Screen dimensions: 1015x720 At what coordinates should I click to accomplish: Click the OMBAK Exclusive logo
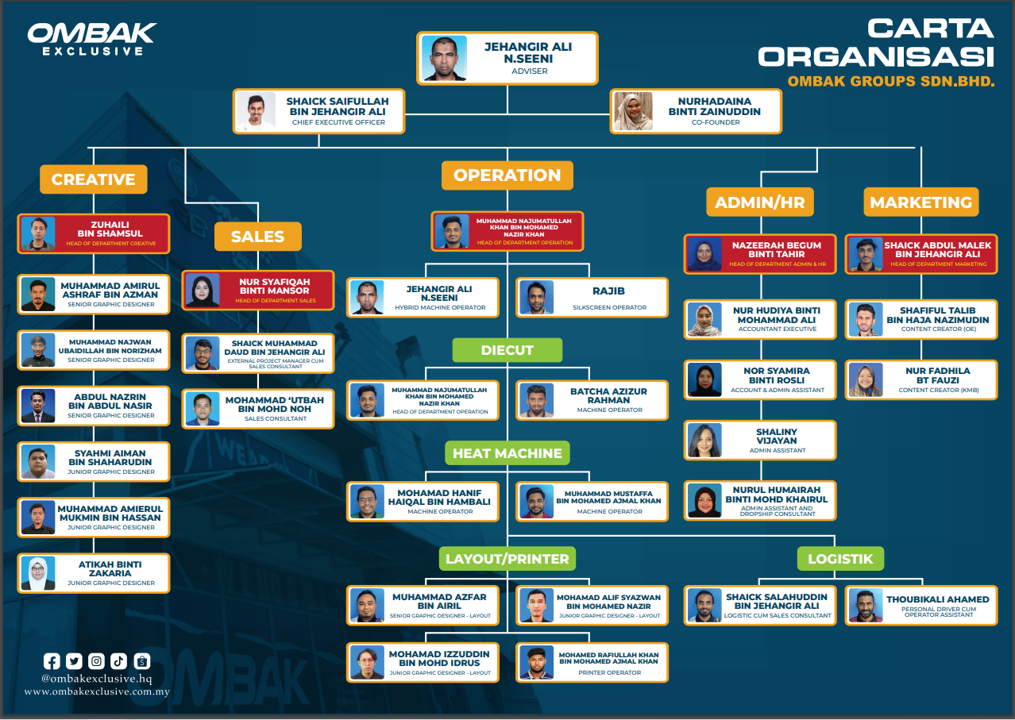pyautogui.click(x=92, y=39)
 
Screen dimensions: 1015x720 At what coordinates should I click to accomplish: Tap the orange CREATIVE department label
pyautogui.click(x=94, y=179)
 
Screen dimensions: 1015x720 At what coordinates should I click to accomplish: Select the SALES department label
pyautogui.click(x=258, y=237)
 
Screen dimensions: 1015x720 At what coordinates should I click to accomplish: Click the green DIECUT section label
pyautogui.click(x=507, y=350)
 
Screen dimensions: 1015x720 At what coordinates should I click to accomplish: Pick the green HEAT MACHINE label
pyautogui.click(x=507, y=452)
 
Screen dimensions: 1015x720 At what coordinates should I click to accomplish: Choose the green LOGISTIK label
pyautogui.click(x=840, y=559)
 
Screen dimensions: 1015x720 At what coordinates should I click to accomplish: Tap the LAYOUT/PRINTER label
pyautogui.click(x=507, y=559)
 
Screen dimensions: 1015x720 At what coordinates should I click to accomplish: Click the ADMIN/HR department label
pyautogui.click(x=760, y=202)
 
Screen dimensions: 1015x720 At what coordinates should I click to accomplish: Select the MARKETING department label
pyautogui.click(x=920, y=202)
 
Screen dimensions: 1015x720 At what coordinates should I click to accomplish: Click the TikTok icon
pyautogui.click(x=118, y=661)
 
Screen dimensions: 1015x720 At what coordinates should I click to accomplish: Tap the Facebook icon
pyautogui.click(x=52, y=661)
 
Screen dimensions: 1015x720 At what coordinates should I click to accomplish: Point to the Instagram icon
pyautogui.click(x=96, y=661)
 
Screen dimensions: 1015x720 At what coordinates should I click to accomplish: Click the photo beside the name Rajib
pyautogui.click(x=537, y=298)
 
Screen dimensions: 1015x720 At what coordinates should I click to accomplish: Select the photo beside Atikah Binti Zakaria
pyautogui.click(x=38, y=573)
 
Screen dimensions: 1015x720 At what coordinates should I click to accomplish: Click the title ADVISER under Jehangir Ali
pyautogui.click(x=529, y=71)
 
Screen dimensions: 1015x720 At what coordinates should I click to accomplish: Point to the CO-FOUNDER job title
pyautogui.click(x=716, y=122)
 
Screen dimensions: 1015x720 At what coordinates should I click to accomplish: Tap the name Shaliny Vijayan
pyautogui.click(x=776, y=436)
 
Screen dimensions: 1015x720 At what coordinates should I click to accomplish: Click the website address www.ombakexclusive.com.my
pyautogui.click(x=97, y=691)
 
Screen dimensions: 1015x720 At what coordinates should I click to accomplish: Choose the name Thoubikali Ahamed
pyautogui.click(x=937, y=599)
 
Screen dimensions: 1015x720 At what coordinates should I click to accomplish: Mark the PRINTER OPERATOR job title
pyautogui.click(x=609, y=672)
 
